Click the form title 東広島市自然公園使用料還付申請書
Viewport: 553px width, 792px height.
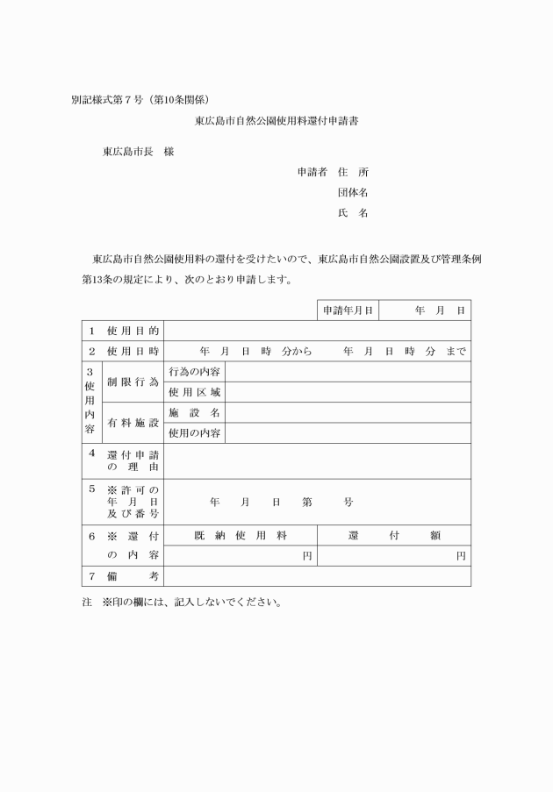click(x=276, y=122)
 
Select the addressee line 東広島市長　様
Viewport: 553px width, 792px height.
click(x=138, y=152)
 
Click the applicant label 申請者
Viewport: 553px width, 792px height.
click(x=312, y=172)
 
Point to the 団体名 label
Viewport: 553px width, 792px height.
click(x=353, y=192)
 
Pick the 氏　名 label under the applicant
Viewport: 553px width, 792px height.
click(x=353, y=213)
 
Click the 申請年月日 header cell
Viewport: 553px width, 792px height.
click(x=348, y=310)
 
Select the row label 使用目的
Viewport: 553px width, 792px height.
click(x=133, y=331)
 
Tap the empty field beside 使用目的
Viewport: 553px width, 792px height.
click(x=317, y=331)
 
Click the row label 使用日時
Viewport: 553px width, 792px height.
click(x=133, y=351)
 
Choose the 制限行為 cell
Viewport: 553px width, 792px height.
click(x=133, y=382)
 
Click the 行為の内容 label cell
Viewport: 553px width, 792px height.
click(x=194, y=372)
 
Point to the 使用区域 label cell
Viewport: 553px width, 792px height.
click(x=194, y=392)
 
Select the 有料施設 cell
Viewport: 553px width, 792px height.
click(x=133, y=423)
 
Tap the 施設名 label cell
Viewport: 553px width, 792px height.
click(x=194, y=412)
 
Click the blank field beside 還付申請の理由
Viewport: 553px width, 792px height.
click(x=317, y=460)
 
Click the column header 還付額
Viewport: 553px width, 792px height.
click(x=393, y=535)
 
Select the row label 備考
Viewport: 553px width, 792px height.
click(x=133, y=576)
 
